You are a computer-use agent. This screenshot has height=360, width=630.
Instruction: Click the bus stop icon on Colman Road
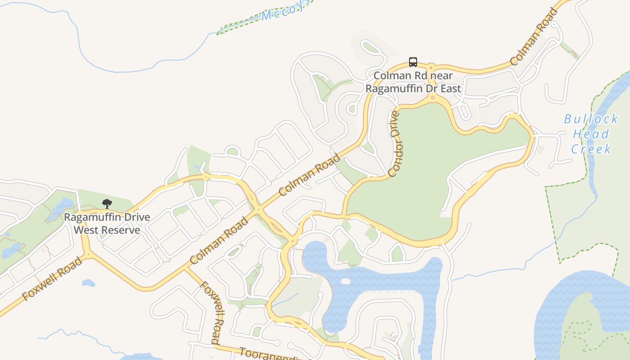coord(413,62)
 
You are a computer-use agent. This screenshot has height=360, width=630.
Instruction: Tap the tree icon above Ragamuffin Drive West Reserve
coord(107,204)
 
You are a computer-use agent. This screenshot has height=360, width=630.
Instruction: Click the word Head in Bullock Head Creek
coord(591,134)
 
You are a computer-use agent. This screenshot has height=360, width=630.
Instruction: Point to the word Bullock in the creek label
coord(591,119)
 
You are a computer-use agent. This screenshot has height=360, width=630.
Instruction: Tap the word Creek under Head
coord(591,149)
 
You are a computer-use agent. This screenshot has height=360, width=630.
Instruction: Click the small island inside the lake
coord(345,281)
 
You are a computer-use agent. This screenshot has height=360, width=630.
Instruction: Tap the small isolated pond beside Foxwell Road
coord(88,283)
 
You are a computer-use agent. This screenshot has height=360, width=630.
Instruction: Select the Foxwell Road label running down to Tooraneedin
coord(211,313)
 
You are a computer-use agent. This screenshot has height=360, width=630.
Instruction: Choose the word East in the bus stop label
coord(450,88)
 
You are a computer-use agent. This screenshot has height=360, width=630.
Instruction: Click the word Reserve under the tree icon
coord(119,230)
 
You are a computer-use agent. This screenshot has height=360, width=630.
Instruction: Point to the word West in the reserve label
coord(85,230)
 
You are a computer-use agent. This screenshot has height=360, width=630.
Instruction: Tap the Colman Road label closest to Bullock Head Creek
coord(535,37)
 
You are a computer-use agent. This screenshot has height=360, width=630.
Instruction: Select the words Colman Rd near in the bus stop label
coord(413,76)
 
